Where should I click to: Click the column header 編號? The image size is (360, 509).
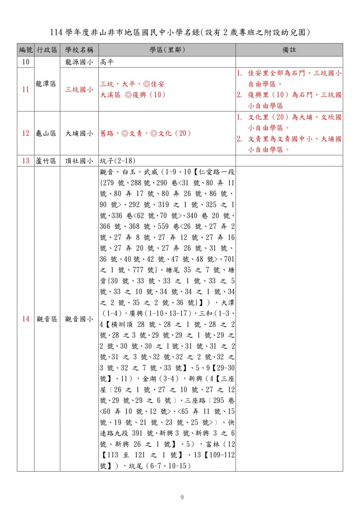(x=26, y=50)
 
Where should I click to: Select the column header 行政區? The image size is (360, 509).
(x=47, y=50)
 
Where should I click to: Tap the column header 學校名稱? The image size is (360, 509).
(x=79, y=50)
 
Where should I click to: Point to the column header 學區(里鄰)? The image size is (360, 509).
(x=167, y=50)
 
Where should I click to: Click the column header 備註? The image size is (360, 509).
(x=289, y=50)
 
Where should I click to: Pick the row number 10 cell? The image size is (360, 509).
(x=26, y=62)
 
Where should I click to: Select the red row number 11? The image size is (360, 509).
(x=26, y=89)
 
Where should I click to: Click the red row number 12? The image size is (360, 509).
(x=26, y=133)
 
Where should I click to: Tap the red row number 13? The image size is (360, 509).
(x=26, y=161)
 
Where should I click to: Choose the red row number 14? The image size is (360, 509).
(x=26, y=319)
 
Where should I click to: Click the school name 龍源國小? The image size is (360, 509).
(x=79, y=62)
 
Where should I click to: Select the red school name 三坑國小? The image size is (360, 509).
(x=79, y=89)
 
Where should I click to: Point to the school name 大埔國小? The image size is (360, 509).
(x=79, y=133)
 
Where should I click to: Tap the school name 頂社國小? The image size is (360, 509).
(x=79, y=161)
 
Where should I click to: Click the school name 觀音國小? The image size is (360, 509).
(x=79, y=319)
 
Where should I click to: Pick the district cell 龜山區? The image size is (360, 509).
(x=47, y=133)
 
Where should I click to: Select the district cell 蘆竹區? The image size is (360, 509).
(x=47, y=161)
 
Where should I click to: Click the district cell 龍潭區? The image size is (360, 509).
(x=47, y=84)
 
